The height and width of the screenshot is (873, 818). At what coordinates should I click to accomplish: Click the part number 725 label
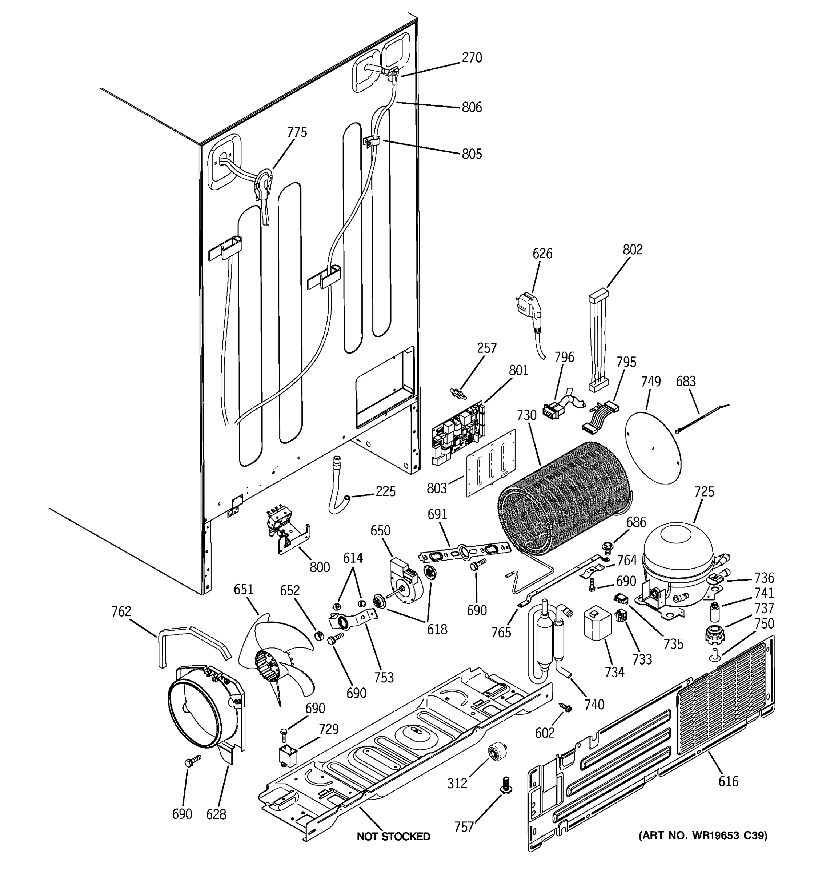(704, 491)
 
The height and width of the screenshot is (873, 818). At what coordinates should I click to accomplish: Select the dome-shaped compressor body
(678, 558)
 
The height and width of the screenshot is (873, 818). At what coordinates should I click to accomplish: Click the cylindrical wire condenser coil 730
(566, 501)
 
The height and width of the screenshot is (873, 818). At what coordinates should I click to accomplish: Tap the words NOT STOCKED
(393, 837)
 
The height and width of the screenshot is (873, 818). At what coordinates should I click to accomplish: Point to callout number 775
(297, 132)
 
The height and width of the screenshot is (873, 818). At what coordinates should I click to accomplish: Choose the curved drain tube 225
(338, 487)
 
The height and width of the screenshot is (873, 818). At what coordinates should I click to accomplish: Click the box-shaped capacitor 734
(597, 624)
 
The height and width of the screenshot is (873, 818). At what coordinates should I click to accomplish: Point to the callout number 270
(472, 57)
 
